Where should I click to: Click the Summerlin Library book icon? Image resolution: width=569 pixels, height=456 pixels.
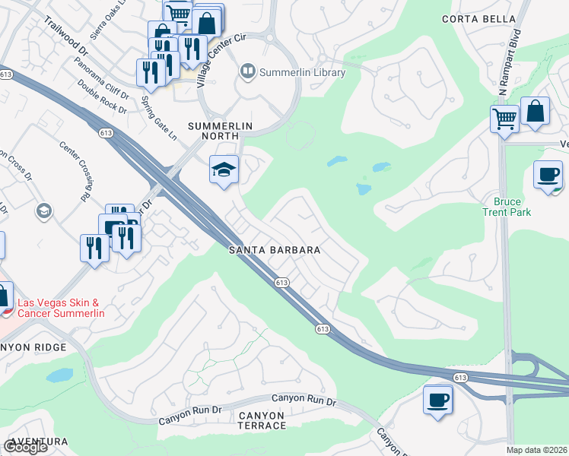click(x=248, y=72)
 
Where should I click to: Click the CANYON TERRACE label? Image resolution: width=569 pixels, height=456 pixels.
click(x=262, y=420)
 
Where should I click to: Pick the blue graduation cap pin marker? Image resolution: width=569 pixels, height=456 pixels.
click(x=224, y=170)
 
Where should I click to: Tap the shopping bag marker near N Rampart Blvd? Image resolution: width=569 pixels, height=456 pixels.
click(x=536, y=111)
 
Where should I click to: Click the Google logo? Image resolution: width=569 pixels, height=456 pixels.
click(x=25, y=447)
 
